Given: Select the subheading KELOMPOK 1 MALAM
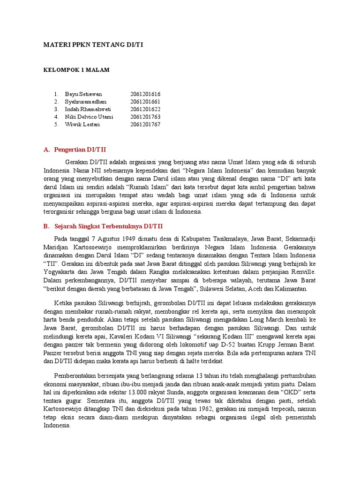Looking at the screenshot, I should (x=76, y=70).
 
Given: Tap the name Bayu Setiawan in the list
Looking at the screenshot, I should (x=83, y=94).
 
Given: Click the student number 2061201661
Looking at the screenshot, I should (x=145, y=102).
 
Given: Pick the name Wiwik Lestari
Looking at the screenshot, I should (x=82, y=124).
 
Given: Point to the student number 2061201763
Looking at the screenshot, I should (x=145, y=117).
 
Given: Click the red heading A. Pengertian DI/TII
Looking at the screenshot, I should (x=75, y=150).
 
